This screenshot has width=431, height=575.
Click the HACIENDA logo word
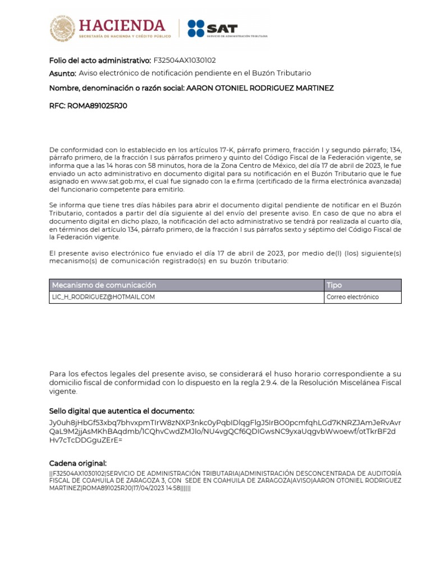[x=122, y=25]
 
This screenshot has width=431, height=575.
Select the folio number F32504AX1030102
[x=185, y=60]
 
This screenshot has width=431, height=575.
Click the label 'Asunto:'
[x=62, y=74]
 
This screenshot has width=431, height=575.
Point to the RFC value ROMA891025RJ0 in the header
[x=97, y=105]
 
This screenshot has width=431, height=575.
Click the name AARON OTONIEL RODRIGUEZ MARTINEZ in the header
[x=259, y=88]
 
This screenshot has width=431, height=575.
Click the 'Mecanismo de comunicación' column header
[x=104, y=285]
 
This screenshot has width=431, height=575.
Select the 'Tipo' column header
[x=334, y=285]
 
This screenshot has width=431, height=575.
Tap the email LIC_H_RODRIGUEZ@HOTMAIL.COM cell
[x=103, y=297]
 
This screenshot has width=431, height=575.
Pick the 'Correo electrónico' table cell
[x=352, y=297]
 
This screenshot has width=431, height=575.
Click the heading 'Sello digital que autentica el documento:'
[x=122, y=411]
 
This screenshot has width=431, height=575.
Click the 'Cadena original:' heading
[x=77, y=463]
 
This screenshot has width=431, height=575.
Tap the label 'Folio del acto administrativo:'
[x=100, y=60]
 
